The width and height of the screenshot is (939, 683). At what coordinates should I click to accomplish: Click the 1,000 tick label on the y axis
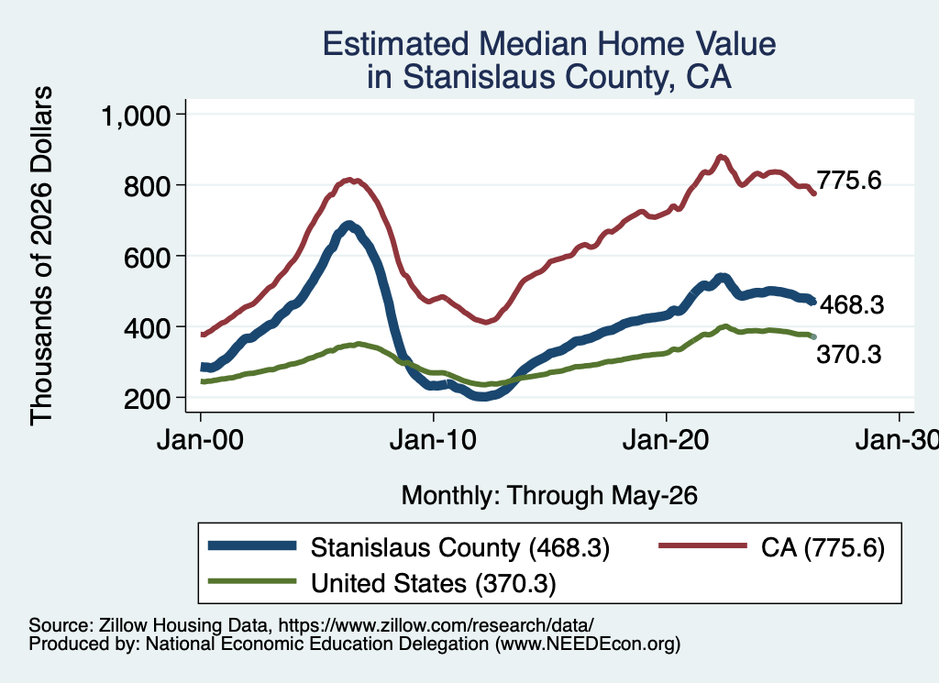(x=136, y=115)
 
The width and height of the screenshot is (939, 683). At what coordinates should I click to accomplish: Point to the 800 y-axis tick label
(x=148, y=185)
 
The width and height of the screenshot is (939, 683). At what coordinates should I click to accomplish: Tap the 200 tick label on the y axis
(x=148, y=398)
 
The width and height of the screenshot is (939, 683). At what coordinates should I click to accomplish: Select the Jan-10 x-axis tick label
(x=433, y=441)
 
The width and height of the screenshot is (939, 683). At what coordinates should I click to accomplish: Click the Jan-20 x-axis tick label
(x=666, y=441)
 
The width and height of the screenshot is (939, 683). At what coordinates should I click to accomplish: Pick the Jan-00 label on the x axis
(x=200, y=441)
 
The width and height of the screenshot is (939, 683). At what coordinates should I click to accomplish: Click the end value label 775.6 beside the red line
(x=849, y=181)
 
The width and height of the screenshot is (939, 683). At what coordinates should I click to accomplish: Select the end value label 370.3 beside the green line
(x=849, y=355)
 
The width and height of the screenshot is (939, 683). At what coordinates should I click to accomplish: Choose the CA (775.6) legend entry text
(x=823, y=547)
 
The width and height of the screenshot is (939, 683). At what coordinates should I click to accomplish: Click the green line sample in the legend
(x=252, y=581)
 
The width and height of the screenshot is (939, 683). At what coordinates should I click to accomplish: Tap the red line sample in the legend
(x=702, y=545)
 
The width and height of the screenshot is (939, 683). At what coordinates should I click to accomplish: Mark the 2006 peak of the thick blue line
(x=349, y=226)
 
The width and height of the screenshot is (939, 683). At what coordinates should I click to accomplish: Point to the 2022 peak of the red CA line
(x=721, y=158)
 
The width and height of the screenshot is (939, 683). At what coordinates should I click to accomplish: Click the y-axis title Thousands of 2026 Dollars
(x=41, y=256)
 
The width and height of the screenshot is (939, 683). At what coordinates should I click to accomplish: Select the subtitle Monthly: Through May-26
(x=549, y=496)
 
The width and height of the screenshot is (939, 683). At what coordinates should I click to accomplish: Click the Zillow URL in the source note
(x=436, y=625)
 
